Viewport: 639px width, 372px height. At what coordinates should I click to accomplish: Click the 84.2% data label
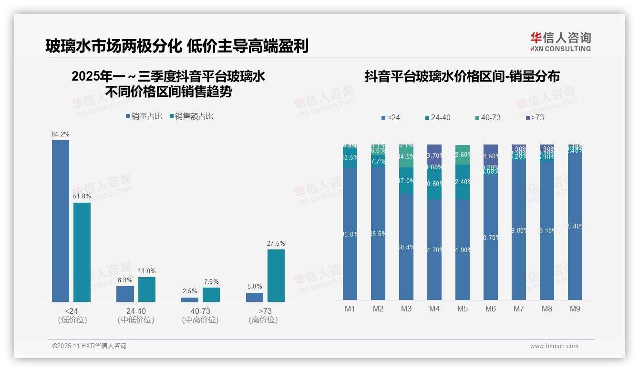pyautogui.click(x=61, y=134)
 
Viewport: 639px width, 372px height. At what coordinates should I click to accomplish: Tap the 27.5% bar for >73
pyautogui.click(x=276, y=275)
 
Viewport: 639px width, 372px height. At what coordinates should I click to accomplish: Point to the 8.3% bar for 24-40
pyautogui.click(x=125, y=294)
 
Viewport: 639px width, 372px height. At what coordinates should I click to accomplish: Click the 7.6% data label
pyautogui.click(x=211, y=282)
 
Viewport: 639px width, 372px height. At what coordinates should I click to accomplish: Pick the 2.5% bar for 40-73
pyautogui.click(x=190, y=300)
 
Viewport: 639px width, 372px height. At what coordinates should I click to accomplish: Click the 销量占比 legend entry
pyautogui.click(x=144, y=116)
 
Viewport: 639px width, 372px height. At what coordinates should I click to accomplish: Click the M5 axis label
pyautogui.click(x=463, y=309)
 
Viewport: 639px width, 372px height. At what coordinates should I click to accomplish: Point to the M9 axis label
pyautogui.click(x=575, y=309)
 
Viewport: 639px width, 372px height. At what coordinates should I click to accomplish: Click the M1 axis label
pyautogui.click(x=350, y=309)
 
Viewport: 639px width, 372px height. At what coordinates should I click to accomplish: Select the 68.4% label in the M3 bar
pyautogui.click(x=406, y=247)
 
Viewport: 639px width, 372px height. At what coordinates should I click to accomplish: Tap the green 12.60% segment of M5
pyautogui.click(x=463, y=155)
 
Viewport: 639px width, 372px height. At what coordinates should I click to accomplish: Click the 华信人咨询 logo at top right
pyautogui.click(x=560, y=41)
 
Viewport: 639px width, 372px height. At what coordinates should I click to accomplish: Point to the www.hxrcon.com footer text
pyautogui.click(x=554, y=346)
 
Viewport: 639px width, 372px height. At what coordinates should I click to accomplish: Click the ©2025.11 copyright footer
pyautogui.click(x=89, y=346)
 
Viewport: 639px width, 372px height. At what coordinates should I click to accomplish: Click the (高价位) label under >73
pyautogui.click(x=263, y=320)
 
